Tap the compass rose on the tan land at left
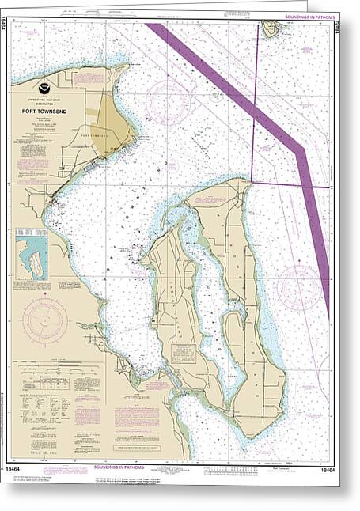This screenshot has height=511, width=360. pos(44,320)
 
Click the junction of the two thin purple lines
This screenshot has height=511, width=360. pos(252,183)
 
